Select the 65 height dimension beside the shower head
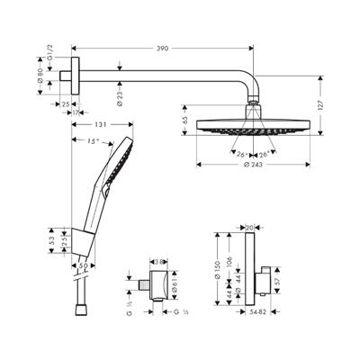point(184,120)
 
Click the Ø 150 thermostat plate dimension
point(217,270)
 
